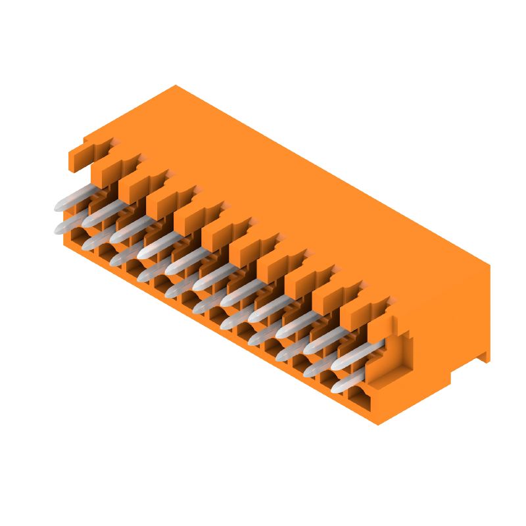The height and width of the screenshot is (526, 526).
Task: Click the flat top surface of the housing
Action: point(296,197)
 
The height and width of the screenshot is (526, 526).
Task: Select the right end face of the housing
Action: point(447,329)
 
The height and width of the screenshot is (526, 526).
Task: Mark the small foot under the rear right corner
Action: point(483,356)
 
